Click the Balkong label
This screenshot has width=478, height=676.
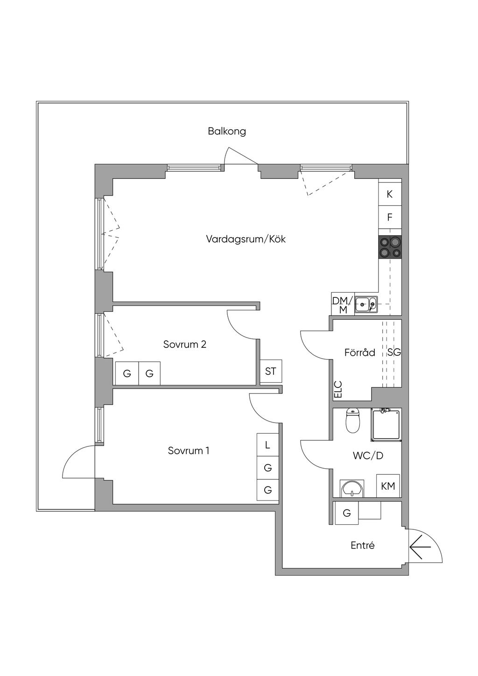226,132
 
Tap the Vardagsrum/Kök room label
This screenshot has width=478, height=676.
246,239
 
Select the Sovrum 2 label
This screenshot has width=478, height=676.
185,345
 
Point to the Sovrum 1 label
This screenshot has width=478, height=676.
189,451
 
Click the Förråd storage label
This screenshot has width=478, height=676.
360,352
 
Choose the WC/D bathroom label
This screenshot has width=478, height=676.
368,456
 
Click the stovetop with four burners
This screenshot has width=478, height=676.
390,247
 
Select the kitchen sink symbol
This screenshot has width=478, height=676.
366,304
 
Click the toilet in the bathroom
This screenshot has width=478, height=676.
352,420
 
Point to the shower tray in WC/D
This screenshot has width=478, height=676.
386,425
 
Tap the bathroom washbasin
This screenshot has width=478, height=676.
352,488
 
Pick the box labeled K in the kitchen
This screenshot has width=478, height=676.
390,194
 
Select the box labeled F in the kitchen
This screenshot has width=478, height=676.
390,217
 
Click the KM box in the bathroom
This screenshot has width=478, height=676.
388,486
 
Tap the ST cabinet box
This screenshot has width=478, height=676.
271,371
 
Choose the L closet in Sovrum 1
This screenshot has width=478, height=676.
267,445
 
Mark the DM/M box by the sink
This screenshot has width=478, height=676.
343,304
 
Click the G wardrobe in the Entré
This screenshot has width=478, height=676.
347,513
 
